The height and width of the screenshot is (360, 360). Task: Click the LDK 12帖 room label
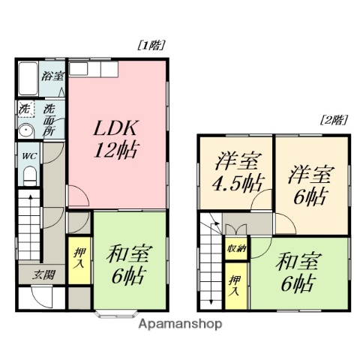(115, 138)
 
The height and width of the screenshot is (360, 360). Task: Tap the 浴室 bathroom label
(52, 76)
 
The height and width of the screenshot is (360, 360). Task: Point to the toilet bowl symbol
(28, 175)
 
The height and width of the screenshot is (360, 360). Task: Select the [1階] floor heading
(151, 45)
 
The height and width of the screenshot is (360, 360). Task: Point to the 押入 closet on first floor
(79, 259)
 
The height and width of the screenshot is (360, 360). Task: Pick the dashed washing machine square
(25, 108)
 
